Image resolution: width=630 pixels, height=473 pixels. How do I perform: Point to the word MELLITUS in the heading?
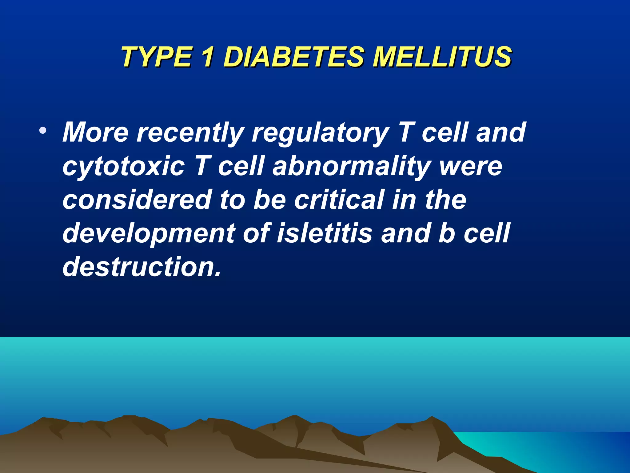tap(442, 57)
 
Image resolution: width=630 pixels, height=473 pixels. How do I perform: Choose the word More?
tap(95, 132)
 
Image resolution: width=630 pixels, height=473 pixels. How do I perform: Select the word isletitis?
tap(325, 233)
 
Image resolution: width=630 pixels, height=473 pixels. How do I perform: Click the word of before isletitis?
tap(257, 233)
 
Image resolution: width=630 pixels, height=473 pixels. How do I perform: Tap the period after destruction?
tap(218, 274)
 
